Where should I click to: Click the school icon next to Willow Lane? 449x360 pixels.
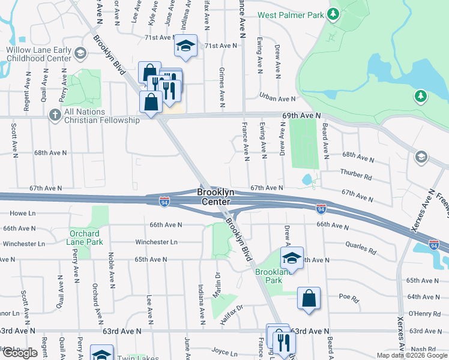[79, 55]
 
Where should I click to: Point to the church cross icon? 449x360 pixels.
[55, 114]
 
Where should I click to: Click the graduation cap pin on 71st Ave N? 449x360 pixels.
[187, 46]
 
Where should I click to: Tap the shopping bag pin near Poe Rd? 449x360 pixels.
[309, 298]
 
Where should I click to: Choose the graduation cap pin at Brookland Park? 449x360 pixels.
[292, 259]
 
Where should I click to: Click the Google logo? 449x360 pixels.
[20, 353]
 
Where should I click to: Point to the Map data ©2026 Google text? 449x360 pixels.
[411, 355]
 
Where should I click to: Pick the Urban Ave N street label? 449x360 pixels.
[277, 98]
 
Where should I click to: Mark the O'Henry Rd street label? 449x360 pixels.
[421, 314]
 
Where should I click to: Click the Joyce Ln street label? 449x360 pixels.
[225, 354]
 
